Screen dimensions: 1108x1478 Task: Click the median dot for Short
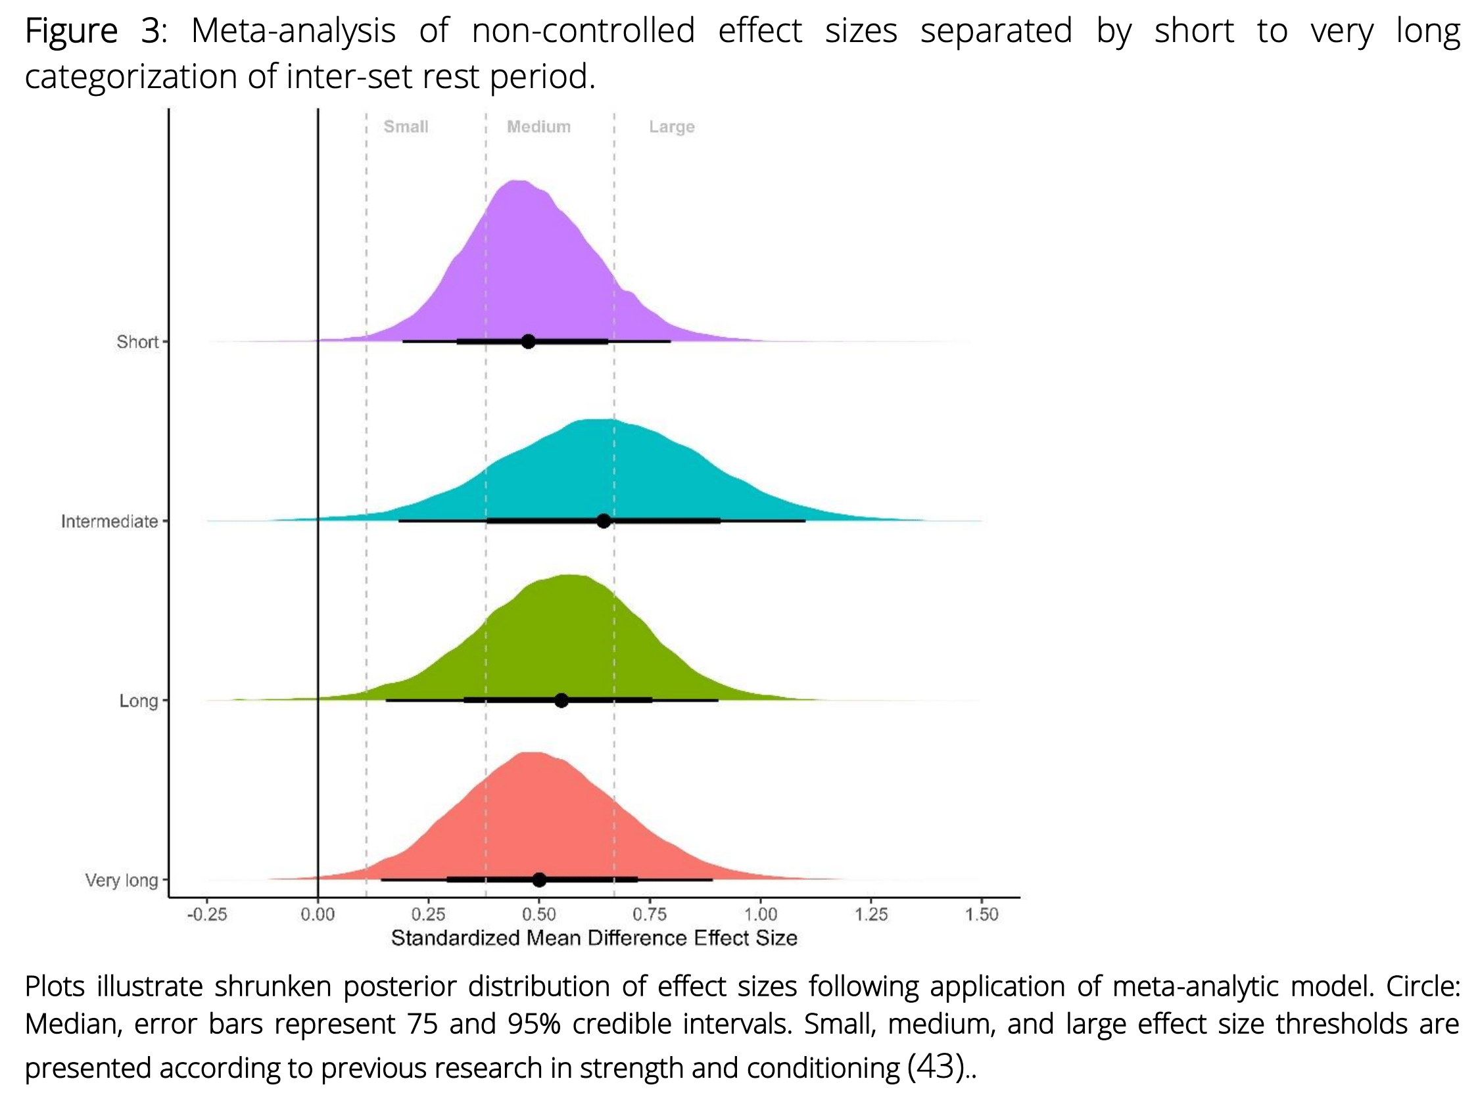tap(528, 341)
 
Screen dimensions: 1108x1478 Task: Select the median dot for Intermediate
tap(604, 521)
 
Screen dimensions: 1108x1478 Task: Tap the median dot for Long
tap(561, 701)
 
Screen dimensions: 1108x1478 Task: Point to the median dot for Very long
tap(539, 879)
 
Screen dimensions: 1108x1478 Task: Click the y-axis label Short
tap(137, 342)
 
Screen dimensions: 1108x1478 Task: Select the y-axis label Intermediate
tap(110, 522)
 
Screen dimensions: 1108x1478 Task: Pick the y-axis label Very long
tap(122, 880)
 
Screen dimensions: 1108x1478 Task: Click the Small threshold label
tap(406, 127)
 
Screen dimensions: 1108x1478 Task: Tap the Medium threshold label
tap(538, 127)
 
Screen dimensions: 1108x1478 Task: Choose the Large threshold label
tap(671, 127)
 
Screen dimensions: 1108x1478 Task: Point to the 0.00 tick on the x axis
tap(318, 914)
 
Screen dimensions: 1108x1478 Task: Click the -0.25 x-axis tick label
tap(206, 914)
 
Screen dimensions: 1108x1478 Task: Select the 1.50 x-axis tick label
tap(982, 914)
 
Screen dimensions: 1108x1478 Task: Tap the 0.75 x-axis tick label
tap(650, 914)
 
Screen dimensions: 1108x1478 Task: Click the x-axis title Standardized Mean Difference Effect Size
tap(594, 938)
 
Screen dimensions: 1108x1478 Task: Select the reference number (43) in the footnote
tap(935, 1066)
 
